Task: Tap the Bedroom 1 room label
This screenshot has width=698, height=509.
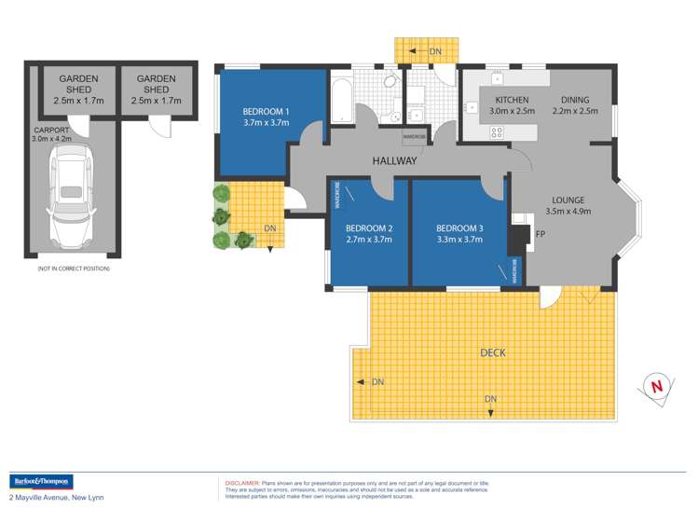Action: point(266,112)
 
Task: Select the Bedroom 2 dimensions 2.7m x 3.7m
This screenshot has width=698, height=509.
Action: point(369,240)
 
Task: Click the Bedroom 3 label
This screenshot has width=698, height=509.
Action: point(459,228)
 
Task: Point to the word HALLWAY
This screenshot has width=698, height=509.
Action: point(394,161)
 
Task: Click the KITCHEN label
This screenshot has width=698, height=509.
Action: point(512,100)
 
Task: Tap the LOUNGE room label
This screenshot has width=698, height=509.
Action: point(567,199)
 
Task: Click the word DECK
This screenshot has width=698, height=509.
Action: point(493,352)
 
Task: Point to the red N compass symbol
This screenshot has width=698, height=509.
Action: point(657,384)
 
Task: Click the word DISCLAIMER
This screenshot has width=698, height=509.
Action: point(241,484)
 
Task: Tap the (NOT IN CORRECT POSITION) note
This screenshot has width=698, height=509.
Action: point(73,268)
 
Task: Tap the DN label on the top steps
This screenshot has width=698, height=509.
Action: point(435,51)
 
